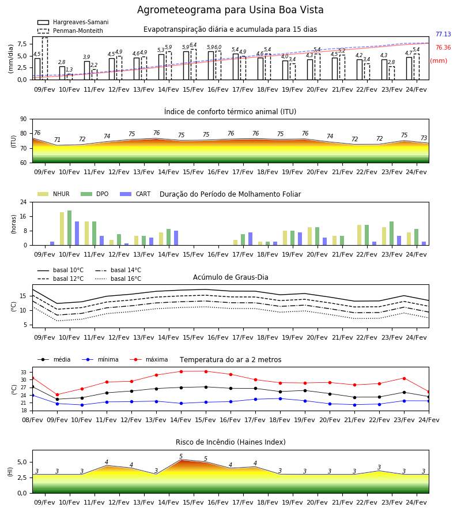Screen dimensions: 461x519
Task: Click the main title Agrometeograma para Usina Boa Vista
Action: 230,10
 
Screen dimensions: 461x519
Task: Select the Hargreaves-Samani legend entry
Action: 73,22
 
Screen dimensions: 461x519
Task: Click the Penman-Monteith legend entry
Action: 70,31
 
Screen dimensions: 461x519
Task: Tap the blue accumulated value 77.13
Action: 443,34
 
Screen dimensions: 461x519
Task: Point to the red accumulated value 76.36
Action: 443,47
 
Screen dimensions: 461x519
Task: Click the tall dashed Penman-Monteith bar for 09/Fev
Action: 44,59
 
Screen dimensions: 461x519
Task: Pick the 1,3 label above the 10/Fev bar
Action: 69,70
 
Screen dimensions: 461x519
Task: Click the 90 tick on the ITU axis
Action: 24,119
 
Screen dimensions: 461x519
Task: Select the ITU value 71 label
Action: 57,140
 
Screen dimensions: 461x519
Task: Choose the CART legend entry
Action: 135,194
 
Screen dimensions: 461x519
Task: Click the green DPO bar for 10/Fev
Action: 70,228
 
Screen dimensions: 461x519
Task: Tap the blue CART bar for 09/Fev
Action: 52,243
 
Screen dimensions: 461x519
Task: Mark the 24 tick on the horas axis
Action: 24,202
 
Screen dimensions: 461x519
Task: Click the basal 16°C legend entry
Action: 118,279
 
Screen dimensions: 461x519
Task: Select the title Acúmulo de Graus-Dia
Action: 231,277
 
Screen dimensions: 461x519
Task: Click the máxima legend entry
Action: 149,359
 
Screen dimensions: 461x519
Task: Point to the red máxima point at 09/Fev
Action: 57,394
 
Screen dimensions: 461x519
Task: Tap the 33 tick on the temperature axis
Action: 24,373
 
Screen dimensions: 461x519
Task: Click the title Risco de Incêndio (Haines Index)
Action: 231,442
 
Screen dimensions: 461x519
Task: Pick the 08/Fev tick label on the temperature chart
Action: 32,420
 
